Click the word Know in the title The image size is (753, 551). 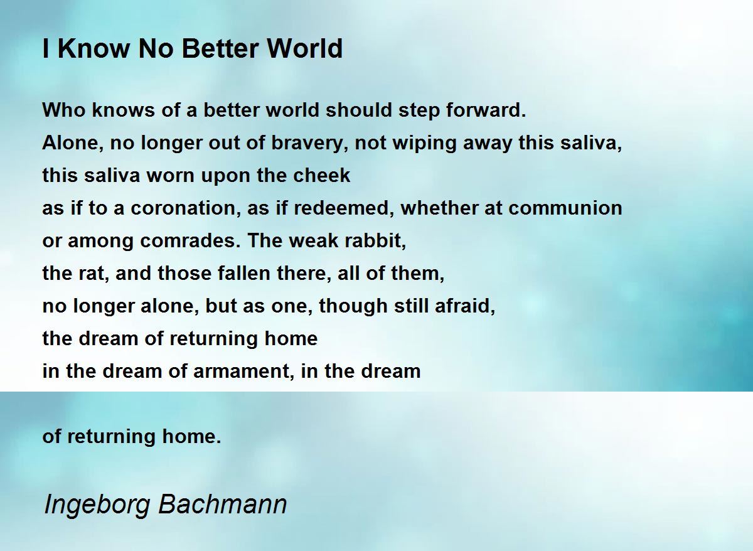pos(93,48)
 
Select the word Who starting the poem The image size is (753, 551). pos(64,110)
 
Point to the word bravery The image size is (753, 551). pos(311,143)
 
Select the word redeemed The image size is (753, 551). pos(344,208)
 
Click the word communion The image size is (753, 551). pos(565,208)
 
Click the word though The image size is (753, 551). pos(353,306)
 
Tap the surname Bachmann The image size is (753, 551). pos(222,505)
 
